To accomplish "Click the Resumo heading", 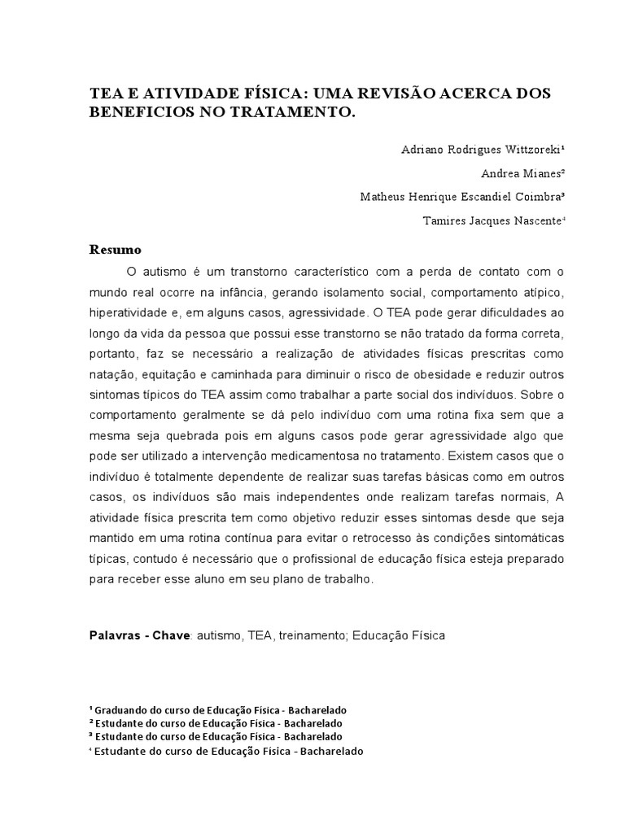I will coord(115,249).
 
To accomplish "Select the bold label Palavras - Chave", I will coord(139,635).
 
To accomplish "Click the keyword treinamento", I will coord(316,635).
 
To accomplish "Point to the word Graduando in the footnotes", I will coord(123,709).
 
